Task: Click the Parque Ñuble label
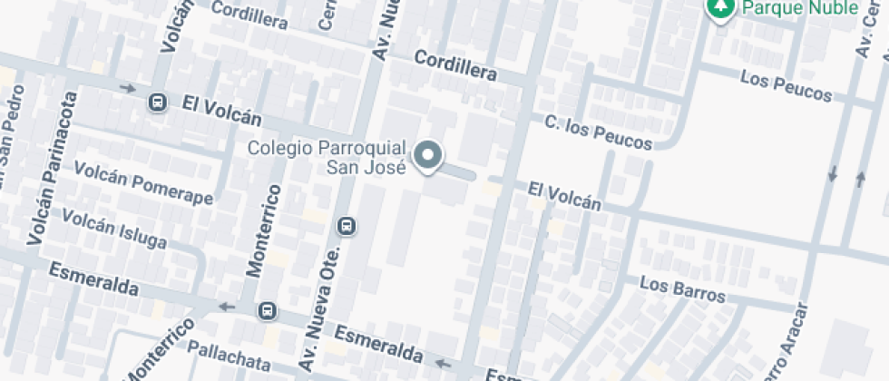click(x=800, y=8)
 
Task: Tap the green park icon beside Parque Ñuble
click(x=721, y=9)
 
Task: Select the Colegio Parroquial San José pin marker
click(x=427, y=156)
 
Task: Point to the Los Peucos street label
click(x=786, y=86)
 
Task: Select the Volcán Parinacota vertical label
click(x=54, y=168)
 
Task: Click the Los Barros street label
click(x=682, y=289)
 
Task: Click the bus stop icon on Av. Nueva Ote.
click(x=346, y=225)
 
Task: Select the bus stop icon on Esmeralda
click(x=267, y=310)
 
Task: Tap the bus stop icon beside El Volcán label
click(x=158, y=102)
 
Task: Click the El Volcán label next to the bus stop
click(x=221, y=111)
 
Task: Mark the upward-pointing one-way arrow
click(x=860, y=179)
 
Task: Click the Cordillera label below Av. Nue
click(x=455, y=64)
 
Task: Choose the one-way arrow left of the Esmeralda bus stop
click(x=227, y=306)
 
